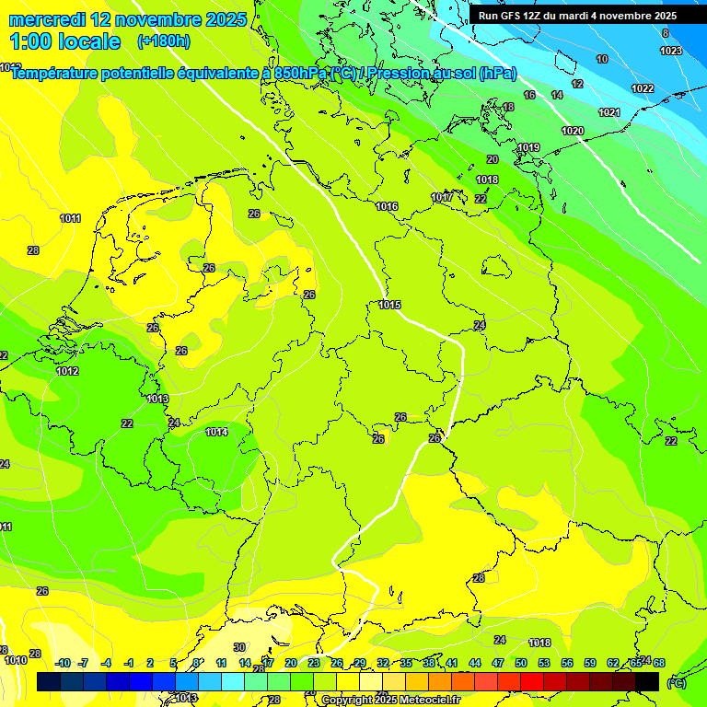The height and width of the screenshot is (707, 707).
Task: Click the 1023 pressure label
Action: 671,51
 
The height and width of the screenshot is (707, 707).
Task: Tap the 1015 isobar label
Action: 389,305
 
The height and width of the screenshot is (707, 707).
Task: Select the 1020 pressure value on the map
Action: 573,131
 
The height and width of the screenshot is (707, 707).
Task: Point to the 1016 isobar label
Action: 387,206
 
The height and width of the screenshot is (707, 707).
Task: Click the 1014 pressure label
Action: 216,432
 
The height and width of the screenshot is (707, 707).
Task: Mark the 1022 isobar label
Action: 643,88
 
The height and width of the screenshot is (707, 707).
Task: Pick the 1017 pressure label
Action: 442,197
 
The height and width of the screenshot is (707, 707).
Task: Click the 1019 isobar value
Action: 528,148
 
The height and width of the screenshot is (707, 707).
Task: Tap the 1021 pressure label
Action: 608,112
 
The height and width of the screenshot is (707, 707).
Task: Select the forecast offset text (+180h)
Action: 163,41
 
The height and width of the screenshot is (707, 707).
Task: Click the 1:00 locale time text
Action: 66,41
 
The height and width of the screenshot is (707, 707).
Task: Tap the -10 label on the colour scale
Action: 63,663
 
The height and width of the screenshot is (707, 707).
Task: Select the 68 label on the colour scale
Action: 659,663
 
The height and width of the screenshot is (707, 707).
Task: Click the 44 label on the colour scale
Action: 474,663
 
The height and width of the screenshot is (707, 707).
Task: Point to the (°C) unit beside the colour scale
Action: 676,682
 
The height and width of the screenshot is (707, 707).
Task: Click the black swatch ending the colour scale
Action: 647,681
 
